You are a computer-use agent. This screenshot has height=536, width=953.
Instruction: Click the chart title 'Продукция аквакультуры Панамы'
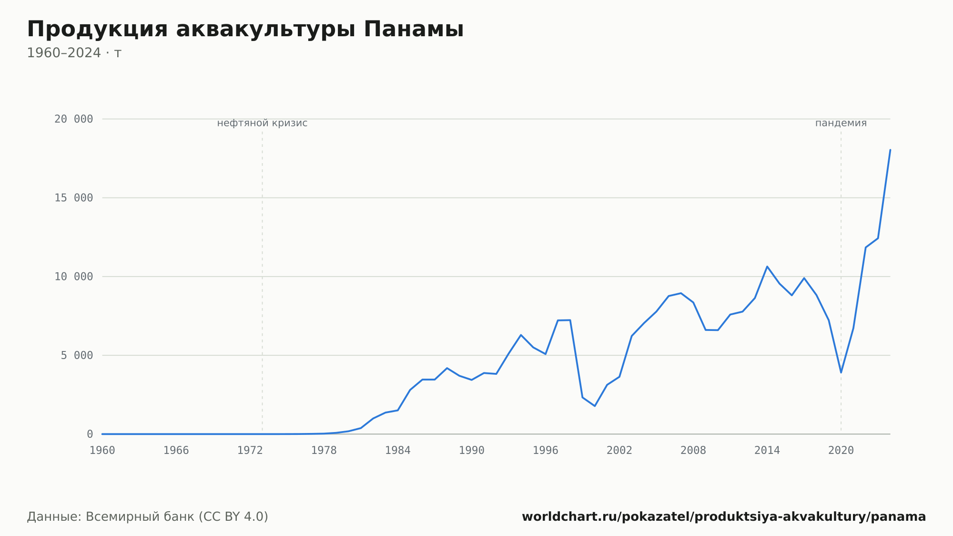pos(245,29)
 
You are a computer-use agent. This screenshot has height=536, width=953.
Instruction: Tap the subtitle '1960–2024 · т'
pos(74,53)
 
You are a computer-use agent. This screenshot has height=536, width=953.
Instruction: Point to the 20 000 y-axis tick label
pos(73,119)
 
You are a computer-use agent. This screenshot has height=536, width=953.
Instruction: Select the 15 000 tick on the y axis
pos(73,198)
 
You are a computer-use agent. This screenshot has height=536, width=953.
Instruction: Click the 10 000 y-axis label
pos(73,277)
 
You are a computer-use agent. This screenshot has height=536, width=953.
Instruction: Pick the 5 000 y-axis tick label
pos(77,355)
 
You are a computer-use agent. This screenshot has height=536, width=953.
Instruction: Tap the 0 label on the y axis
pos(90,434)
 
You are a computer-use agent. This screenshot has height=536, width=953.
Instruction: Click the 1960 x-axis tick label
pos(102,451)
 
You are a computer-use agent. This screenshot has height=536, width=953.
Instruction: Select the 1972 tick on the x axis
pos(250,451)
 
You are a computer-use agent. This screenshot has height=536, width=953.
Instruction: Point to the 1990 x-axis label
pos(472,451)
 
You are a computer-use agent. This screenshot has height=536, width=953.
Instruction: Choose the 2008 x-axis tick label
pos(693,451)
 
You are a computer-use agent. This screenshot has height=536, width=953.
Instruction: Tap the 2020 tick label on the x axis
pos(841,451)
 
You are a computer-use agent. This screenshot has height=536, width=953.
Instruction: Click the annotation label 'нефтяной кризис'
pos(262,123)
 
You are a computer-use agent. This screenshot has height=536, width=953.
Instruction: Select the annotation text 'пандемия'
pos(841,123)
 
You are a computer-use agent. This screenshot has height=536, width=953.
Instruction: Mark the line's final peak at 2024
pos(890,150)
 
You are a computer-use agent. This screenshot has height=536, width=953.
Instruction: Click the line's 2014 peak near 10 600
pos(767,267)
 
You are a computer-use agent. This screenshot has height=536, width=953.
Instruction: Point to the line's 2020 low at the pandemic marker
pos(841,372)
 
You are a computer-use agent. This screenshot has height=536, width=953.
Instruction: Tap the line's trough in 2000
pos(595,406)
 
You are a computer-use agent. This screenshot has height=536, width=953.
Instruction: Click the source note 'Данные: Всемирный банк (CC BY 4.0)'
pos(148,517)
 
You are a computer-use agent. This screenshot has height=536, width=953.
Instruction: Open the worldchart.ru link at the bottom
pos(724,517)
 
